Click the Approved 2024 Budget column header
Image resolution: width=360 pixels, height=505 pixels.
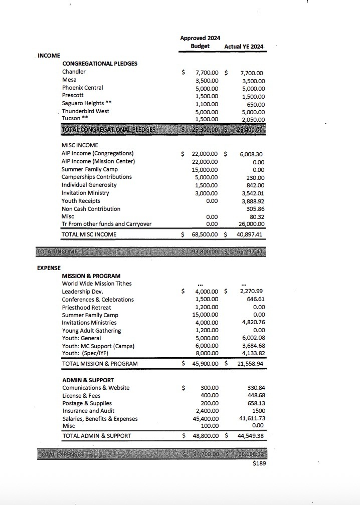tap(200, 42)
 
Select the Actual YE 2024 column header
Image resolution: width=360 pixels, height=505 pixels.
tap(244, 47)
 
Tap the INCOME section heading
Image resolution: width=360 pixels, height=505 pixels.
tap(49, 56)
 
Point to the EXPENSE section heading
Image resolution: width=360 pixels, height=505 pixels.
tap(49, 268)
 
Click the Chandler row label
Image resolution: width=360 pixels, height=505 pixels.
tap(74, 72)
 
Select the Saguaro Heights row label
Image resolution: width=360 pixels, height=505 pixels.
tap(86, 103)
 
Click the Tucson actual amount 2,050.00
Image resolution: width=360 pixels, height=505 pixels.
tap(253, 119)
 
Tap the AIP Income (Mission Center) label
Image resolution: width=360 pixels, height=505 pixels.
tap(98, 161)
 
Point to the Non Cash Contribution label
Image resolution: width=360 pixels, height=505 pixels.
tap(91, 209)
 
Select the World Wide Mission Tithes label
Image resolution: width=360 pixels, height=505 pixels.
tap(97, 284)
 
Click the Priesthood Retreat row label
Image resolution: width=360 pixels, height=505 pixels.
tap(87, 307)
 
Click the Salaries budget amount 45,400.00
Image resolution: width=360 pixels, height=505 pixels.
tap(205, 419)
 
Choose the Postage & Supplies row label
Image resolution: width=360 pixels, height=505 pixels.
tap(87, 403)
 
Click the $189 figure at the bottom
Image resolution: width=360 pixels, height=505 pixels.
tap(259, 463)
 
